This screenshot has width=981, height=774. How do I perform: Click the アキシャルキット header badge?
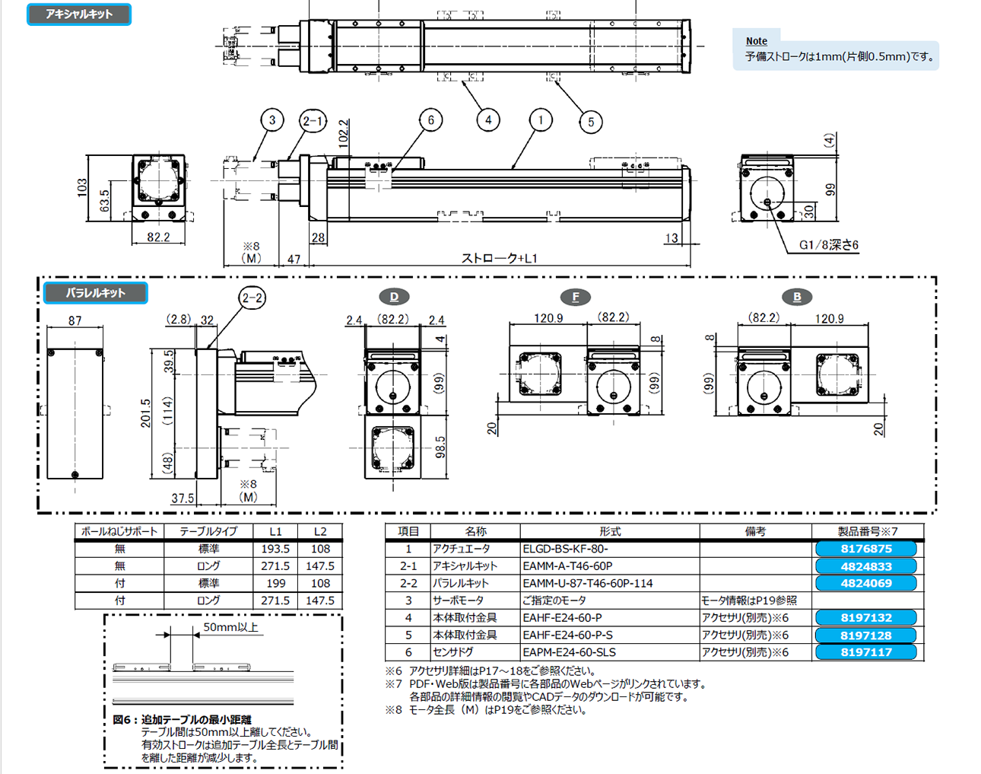pyautogui.click(x=79, y=14)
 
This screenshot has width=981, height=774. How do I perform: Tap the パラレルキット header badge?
pyautogui.click(x=95, y=293)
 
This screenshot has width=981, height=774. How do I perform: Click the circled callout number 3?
pyautogui.click(x=272, y=119)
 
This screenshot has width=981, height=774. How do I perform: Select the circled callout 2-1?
pyautogui.click(x=313, y=120)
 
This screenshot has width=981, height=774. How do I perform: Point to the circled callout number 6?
pyautogui.click(x=430, y=119)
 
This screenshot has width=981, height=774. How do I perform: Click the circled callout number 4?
pyautogui.click(x=488, y=119)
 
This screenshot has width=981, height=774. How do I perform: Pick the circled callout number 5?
pyautogui.click(x=591, y=121)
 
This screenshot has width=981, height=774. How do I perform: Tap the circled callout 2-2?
pyautogui.click(x=252, y=298)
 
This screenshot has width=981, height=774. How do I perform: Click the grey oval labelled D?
pyautogui.click(x=394, y=297)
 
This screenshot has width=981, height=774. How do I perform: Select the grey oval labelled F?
pyautogui.click(x=575, y=297)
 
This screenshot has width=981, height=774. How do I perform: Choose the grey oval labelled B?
pyautogui.click(x=796, y=297)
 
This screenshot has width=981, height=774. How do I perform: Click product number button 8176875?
pyautogui.click(x=865, y=549)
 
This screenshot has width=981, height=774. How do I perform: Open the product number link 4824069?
pyautogui.click(x=865, y=583)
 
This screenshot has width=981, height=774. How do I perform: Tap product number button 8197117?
pyautogui.click(x=865, y=652)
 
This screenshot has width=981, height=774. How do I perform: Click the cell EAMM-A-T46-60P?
pyautogui.click(x=567, y=566)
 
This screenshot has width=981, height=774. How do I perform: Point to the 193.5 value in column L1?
pyautogui.click(x=275, y=549)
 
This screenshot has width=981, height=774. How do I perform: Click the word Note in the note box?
pyautogui.click(x=756, y=41)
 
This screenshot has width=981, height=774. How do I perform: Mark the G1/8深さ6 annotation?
pyautogui.click(x=829, y=245)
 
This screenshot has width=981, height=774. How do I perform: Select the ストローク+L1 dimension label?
pyautogui.click(x=500, y=258)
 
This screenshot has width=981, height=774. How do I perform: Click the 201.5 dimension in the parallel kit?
pyautogui.click(x=146, y=413)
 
